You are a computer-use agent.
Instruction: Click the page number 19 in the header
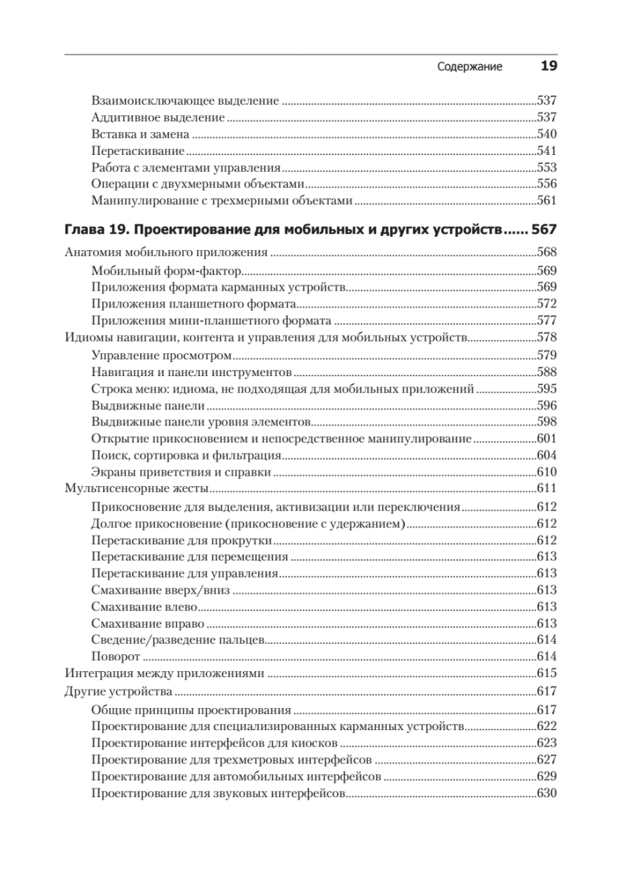tap(549, 66)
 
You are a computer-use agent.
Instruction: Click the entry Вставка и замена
tap(140, 134)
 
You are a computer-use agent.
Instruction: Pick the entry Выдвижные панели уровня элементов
tap(200, 422)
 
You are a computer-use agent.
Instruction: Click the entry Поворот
tap(116, 656)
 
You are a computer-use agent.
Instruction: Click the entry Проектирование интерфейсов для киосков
tap(215, 742)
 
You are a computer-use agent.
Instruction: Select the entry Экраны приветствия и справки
tap(181, 472)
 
